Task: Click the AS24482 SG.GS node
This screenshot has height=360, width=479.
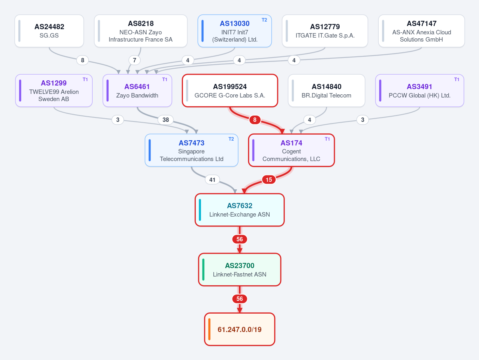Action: click(x=49, y=31)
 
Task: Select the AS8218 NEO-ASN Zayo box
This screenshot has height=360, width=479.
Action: click(x=141, y=31)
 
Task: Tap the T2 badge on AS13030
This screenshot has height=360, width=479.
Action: click(x=264, y=20)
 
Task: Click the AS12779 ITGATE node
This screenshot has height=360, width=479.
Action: click(x=325, y=31)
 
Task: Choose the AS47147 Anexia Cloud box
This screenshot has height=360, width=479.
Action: click(x=421, y=31)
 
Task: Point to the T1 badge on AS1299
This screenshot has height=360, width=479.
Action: click(x=85, y=80)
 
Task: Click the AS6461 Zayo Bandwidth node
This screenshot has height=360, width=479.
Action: click(x=137, y=90)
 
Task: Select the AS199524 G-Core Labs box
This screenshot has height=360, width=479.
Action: click(x=230, y=90)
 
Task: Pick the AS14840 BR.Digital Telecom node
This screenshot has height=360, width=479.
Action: click(x=326, y=90)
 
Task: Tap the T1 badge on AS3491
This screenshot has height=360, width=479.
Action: click(x=457, y=80)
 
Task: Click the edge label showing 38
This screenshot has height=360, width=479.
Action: click(x=165, y=120)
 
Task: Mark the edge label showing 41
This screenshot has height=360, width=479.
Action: click(x=212, y=180)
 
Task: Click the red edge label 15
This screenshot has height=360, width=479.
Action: click(x=269, y=180)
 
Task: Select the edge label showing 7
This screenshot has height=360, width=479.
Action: click(x=134, y=60)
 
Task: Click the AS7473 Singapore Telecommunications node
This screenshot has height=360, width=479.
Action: click(x=191, y=150)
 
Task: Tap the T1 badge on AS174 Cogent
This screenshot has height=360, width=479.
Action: click(x=327, y=139)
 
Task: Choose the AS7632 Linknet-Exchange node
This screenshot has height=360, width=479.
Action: click(x=240, y=210)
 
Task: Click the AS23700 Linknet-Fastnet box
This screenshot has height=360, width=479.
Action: click(x=240, y=270)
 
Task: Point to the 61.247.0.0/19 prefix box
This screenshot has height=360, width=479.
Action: click(x=240, y=329)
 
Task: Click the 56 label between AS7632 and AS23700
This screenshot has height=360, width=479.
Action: click(x=240, y=239)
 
